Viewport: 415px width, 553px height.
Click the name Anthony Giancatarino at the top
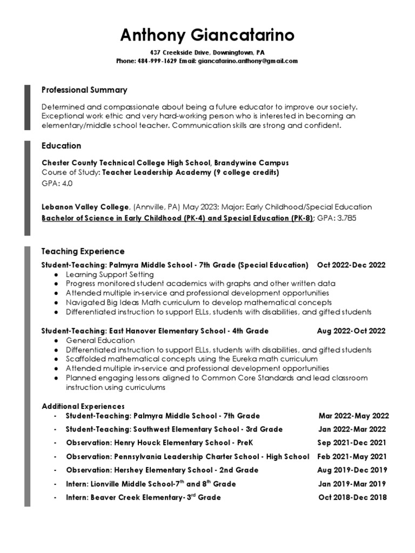207,36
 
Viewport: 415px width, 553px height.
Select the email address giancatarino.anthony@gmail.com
248,61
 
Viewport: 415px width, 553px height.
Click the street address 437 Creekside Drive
179,52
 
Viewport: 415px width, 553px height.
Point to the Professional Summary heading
84,90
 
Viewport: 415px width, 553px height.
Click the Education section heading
62,146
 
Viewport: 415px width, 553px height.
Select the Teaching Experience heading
83,251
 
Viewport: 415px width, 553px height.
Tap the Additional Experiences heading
83,406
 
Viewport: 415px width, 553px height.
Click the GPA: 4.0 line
57,184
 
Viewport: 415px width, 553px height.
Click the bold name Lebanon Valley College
85,207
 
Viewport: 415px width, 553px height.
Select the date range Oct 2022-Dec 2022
352,265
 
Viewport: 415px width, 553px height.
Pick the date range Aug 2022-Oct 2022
352,331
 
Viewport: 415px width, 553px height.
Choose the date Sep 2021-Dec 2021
352,443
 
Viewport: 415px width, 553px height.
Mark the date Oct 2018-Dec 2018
353,497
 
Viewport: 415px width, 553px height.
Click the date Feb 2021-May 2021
352,456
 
